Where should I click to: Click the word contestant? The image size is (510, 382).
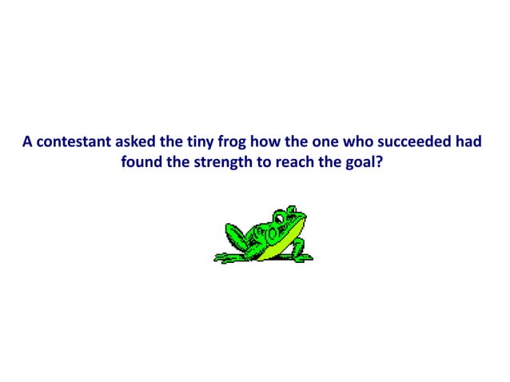(x=72, y=143)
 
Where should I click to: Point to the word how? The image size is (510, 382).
(x=268, y=143)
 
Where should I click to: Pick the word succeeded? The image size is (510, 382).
(x=412, y=143)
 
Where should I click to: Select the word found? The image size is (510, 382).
(x=141, y=163)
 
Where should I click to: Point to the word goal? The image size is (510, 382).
(x=365, y=164)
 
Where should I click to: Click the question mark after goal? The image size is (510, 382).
(x=384, y=163)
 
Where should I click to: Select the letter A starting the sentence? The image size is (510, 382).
(x=27, y=143)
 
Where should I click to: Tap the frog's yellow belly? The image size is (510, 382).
(x=288, y=240)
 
